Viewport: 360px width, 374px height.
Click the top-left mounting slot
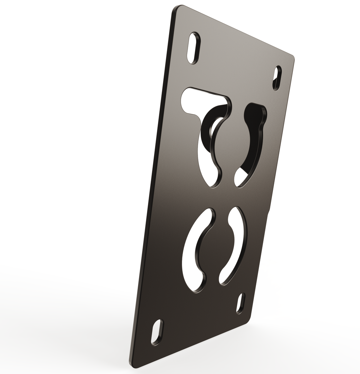(194, 48)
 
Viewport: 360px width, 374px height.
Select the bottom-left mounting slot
(157, 332)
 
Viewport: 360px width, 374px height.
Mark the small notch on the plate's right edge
(269, 212)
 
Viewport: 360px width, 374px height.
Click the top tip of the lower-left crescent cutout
(209, 215)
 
